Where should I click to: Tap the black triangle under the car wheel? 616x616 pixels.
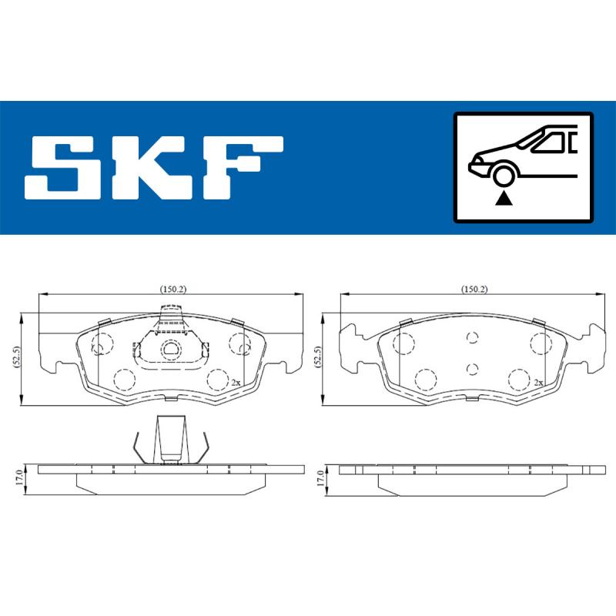[x=504, y=199]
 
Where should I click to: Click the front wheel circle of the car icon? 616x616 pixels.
[x=504, y=176]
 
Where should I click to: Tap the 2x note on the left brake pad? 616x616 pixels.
[x=236, y=382]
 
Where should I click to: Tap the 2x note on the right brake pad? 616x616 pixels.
[x=539, y=382]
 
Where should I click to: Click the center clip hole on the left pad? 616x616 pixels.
[x=171, y=350]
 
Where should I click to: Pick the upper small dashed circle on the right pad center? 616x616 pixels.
[x=473, y=337]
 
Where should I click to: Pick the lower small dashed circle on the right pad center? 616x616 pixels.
[x=473, y=367]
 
